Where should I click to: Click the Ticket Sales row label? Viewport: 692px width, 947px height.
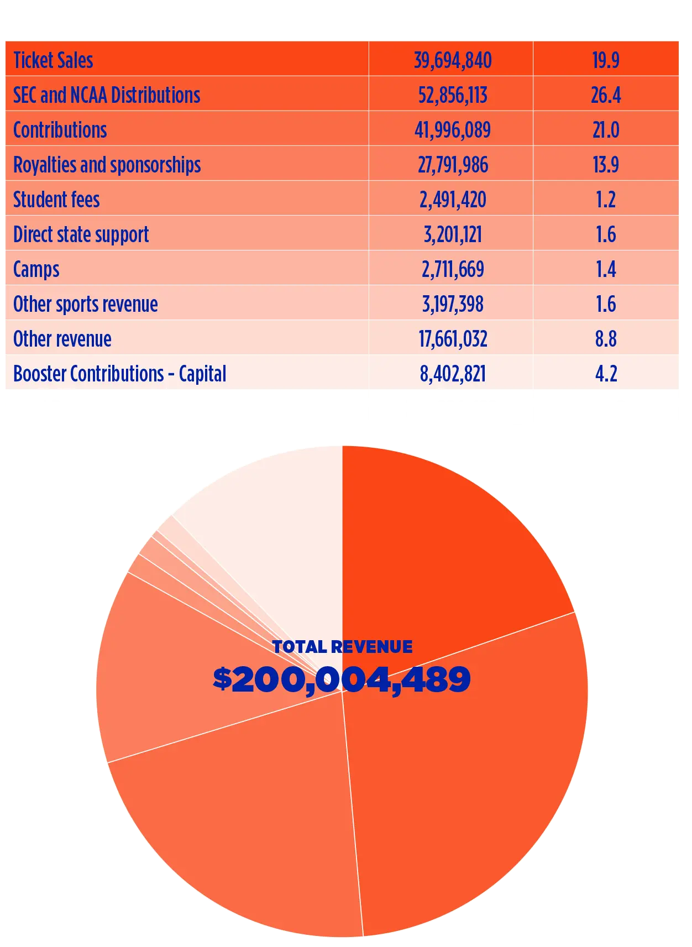pyautogui.click(x=53, y=60)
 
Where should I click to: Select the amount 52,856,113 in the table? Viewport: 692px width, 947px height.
pyautogui.click(x=453, y=95)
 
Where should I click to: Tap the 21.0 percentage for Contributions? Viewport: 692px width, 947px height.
pyautogui.click(x=606, y=130)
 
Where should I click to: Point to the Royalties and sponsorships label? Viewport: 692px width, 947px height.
pyautogui.click(x=107, y=165)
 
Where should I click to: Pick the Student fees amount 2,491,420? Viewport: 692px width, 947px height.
pyautogui.click(x=453, y=200)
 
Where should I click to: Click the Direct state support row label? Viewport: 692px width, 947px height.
pyautogui.click(x=81, y=234)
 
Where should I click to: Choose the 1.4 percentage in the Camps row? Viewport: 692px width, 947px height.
pyautogui.click(x=606, y=269)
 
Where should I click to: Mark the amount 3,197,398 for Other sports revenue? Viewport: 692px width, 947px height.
pyautogui.click(x=453, y=304)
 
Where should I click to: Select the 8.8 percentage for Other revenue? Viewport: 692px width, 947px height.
pyautogui.click(x=606, y=339)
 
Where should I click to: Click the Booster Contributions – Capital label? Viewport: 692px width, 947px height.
pyautogui.click(x=119, y=374)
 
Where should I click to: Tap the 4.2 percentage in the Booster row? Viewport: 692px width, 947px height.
pyautogui.click(x=606, y=374)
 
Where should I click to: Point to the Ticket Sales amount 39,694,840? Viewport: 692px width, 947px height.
pyautogui.click(x=453, y=60)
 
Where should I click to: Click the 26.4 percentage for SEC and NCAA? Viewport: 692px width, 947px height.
pyautogui.click(x=606, y=95)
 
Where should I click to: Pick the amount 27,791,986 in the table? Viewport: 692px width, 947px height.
pyautogui.click(x=453, y=165)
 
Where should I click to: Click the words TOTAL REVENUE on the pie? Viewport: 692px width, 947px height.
pyautogui.click(x=342, y=647)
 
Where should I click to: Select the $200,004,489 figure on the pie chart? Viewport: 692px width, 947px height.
pyautogui.click(x=342, y=679)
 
